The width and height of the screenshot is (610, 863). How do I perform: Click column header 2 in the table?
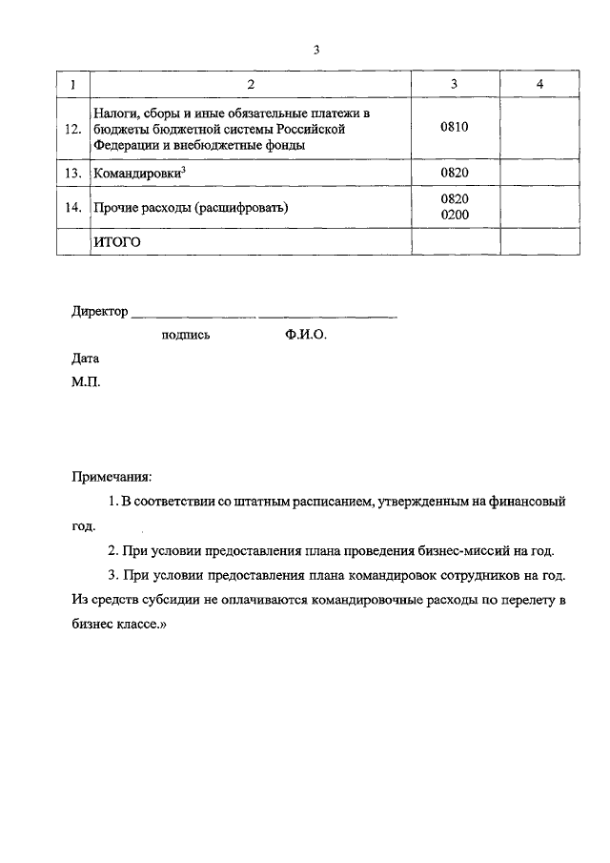251,85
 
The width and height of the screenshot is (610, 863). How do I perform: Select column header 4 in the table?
539,85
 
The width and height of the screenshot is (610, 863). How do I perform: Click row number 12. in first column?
72,130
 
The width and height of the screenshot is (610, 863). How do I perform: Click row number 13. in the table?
72,175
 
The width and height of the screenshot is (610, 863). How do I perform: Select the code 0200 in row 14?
455,216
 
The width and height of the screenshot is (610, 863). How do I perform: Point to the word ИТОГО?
116,242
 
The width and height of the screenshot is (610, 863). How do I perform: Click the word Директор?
99,312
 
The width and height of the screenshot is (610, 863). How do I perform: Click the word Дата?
85,360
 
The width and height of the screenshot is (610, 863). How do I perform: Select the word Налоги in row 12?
113,113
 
